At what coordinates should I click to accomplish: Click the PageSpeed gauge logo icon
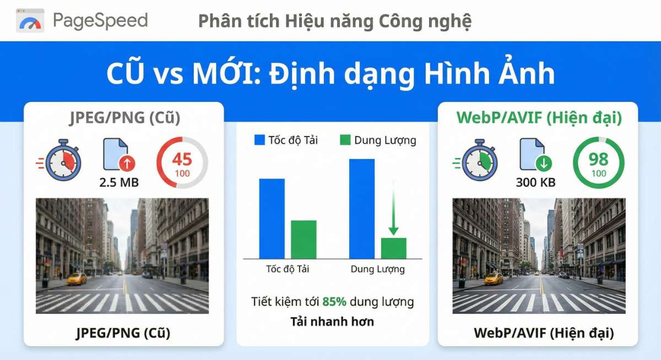(x=30, y=20)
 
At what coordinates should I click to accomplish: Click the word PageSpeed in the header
(x=100, y=20)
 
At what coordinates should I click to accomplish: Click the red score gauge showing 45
(x=182, y=162)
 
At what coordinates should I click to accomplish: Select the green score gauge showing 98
(x=598, y=162)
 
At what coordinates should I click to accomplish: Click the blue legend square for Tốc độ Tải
(x=259, y=140)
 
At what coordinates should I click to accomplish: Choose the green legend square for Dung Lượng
(x=345, y=140)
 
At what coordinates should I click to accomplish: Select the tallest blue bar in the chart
(x=362, y=209)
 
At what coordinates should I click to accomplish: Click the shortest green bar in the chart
(x=393, y=248)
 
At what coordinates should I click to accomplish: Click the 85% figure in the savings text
(x=334, y=302)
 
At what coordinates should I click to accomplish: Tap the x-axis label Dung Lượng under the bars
(x=377, y=269)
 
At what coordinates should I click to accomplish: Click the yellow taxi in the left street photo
(x=77, y=279)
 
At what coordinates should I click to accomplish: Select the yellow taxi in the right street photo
(x=494, y=279)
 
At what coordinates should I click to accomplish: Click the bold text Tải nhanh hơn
(x=332, y=321)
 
